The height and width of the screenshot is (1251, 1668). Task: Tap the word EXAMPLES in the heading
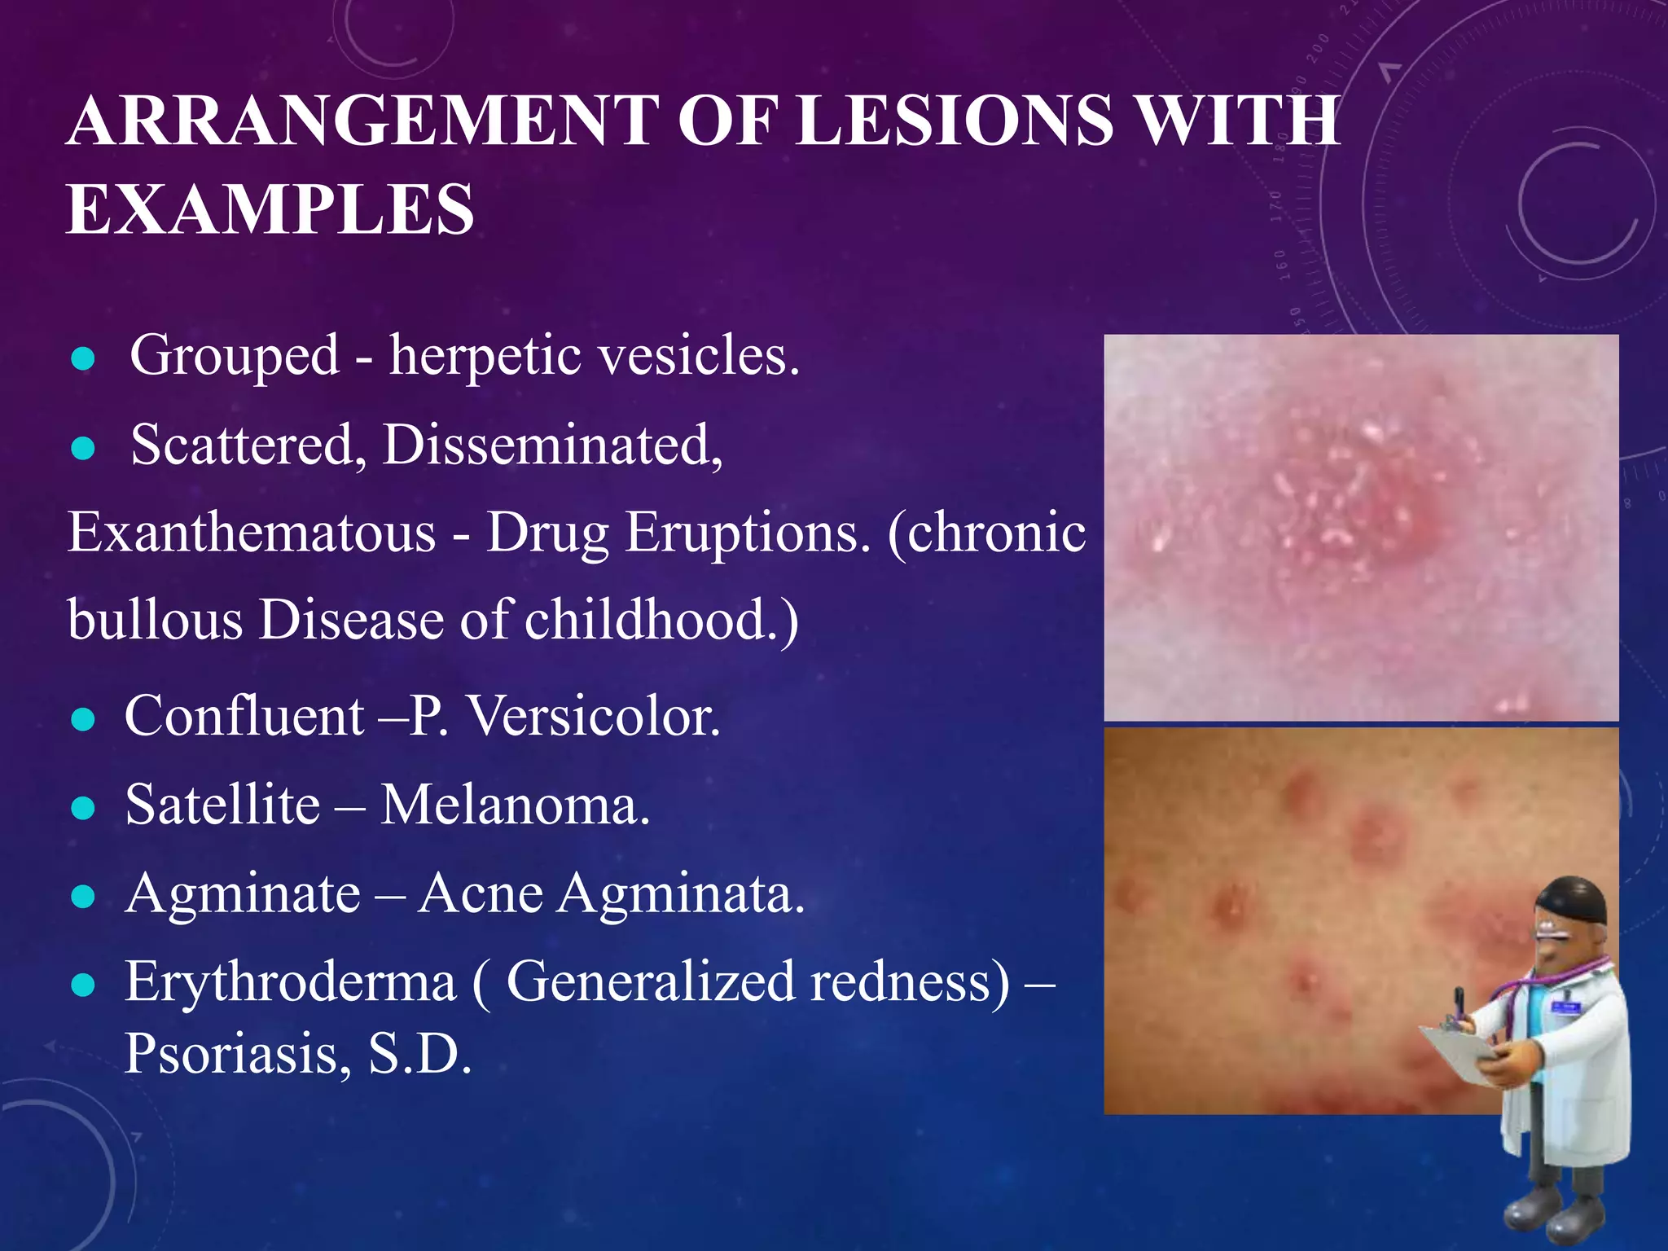270,210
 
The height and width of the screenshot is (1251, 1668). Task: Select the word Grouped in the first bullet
235,356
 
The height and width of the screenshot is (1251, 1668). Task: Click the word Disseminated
552,445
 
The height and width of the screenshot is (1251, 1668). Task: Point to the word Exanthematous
252,533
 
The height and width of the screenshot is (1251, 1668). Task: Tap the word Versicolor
595,717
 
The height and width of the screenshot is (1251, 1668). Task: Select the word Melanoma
516,805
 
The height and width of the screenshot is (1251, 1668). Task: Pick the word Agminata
681,894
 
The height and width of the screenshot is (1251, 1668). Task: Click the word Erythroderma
290,981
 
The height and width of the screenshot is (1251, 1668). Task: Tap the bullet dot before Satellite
83,808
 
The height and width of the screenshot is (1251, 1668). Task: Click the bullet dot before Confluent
83,719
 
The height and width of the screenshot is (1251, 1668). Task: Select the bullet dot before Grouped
83,359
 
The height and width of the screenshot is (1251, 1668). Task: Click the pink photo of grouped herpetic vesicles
1360,528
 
